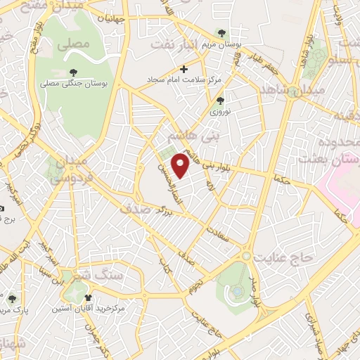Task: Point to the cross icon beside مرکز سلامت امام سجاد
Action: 184,70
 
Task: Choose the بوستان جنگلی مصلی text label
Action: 74,84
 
